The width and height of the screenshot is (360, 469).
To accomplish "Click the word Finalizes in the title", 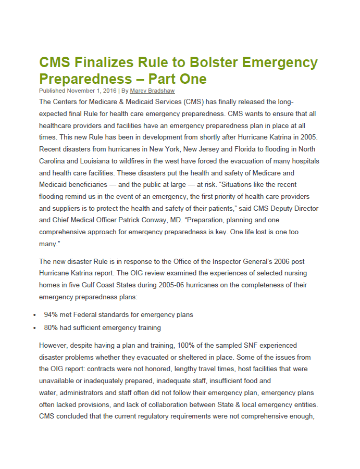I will tap(105, 63).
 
